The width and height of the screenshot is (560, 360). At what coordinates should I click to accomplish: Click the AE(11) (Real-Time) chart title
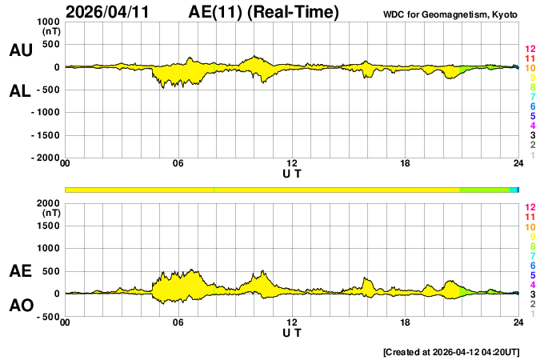[264, 12]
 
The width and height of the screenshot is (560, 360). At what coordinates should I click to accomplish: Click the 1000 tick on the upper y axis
[48, 22]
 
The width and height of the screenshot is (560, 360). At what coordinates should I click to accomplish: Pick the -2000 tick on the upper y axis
[46, 158]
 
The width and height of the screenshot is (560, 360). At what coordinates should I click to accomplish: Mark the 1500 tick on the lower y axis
[48, 226]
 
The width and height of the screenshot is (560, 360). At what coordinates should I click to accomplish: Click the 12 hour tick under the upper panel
[292, 164]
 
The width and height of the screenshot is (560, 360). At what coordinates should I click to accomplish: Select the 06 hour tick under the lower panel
[178, 322]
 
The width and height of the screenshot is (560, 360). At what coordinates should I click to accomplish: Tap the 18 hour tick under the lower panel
[406, 322]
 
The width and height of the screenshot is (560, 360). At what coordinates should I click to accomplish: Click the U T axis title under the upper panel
[292, 173]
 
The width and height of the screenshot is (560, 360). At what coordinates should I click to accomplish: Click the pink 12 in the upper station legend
[529, 50]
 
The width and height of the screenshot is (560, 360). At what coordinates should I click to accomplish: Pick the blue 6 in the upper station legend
[532, 106]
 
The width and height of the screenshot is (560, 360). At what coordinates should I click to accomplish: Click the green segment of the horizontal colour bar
[484, 190]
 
